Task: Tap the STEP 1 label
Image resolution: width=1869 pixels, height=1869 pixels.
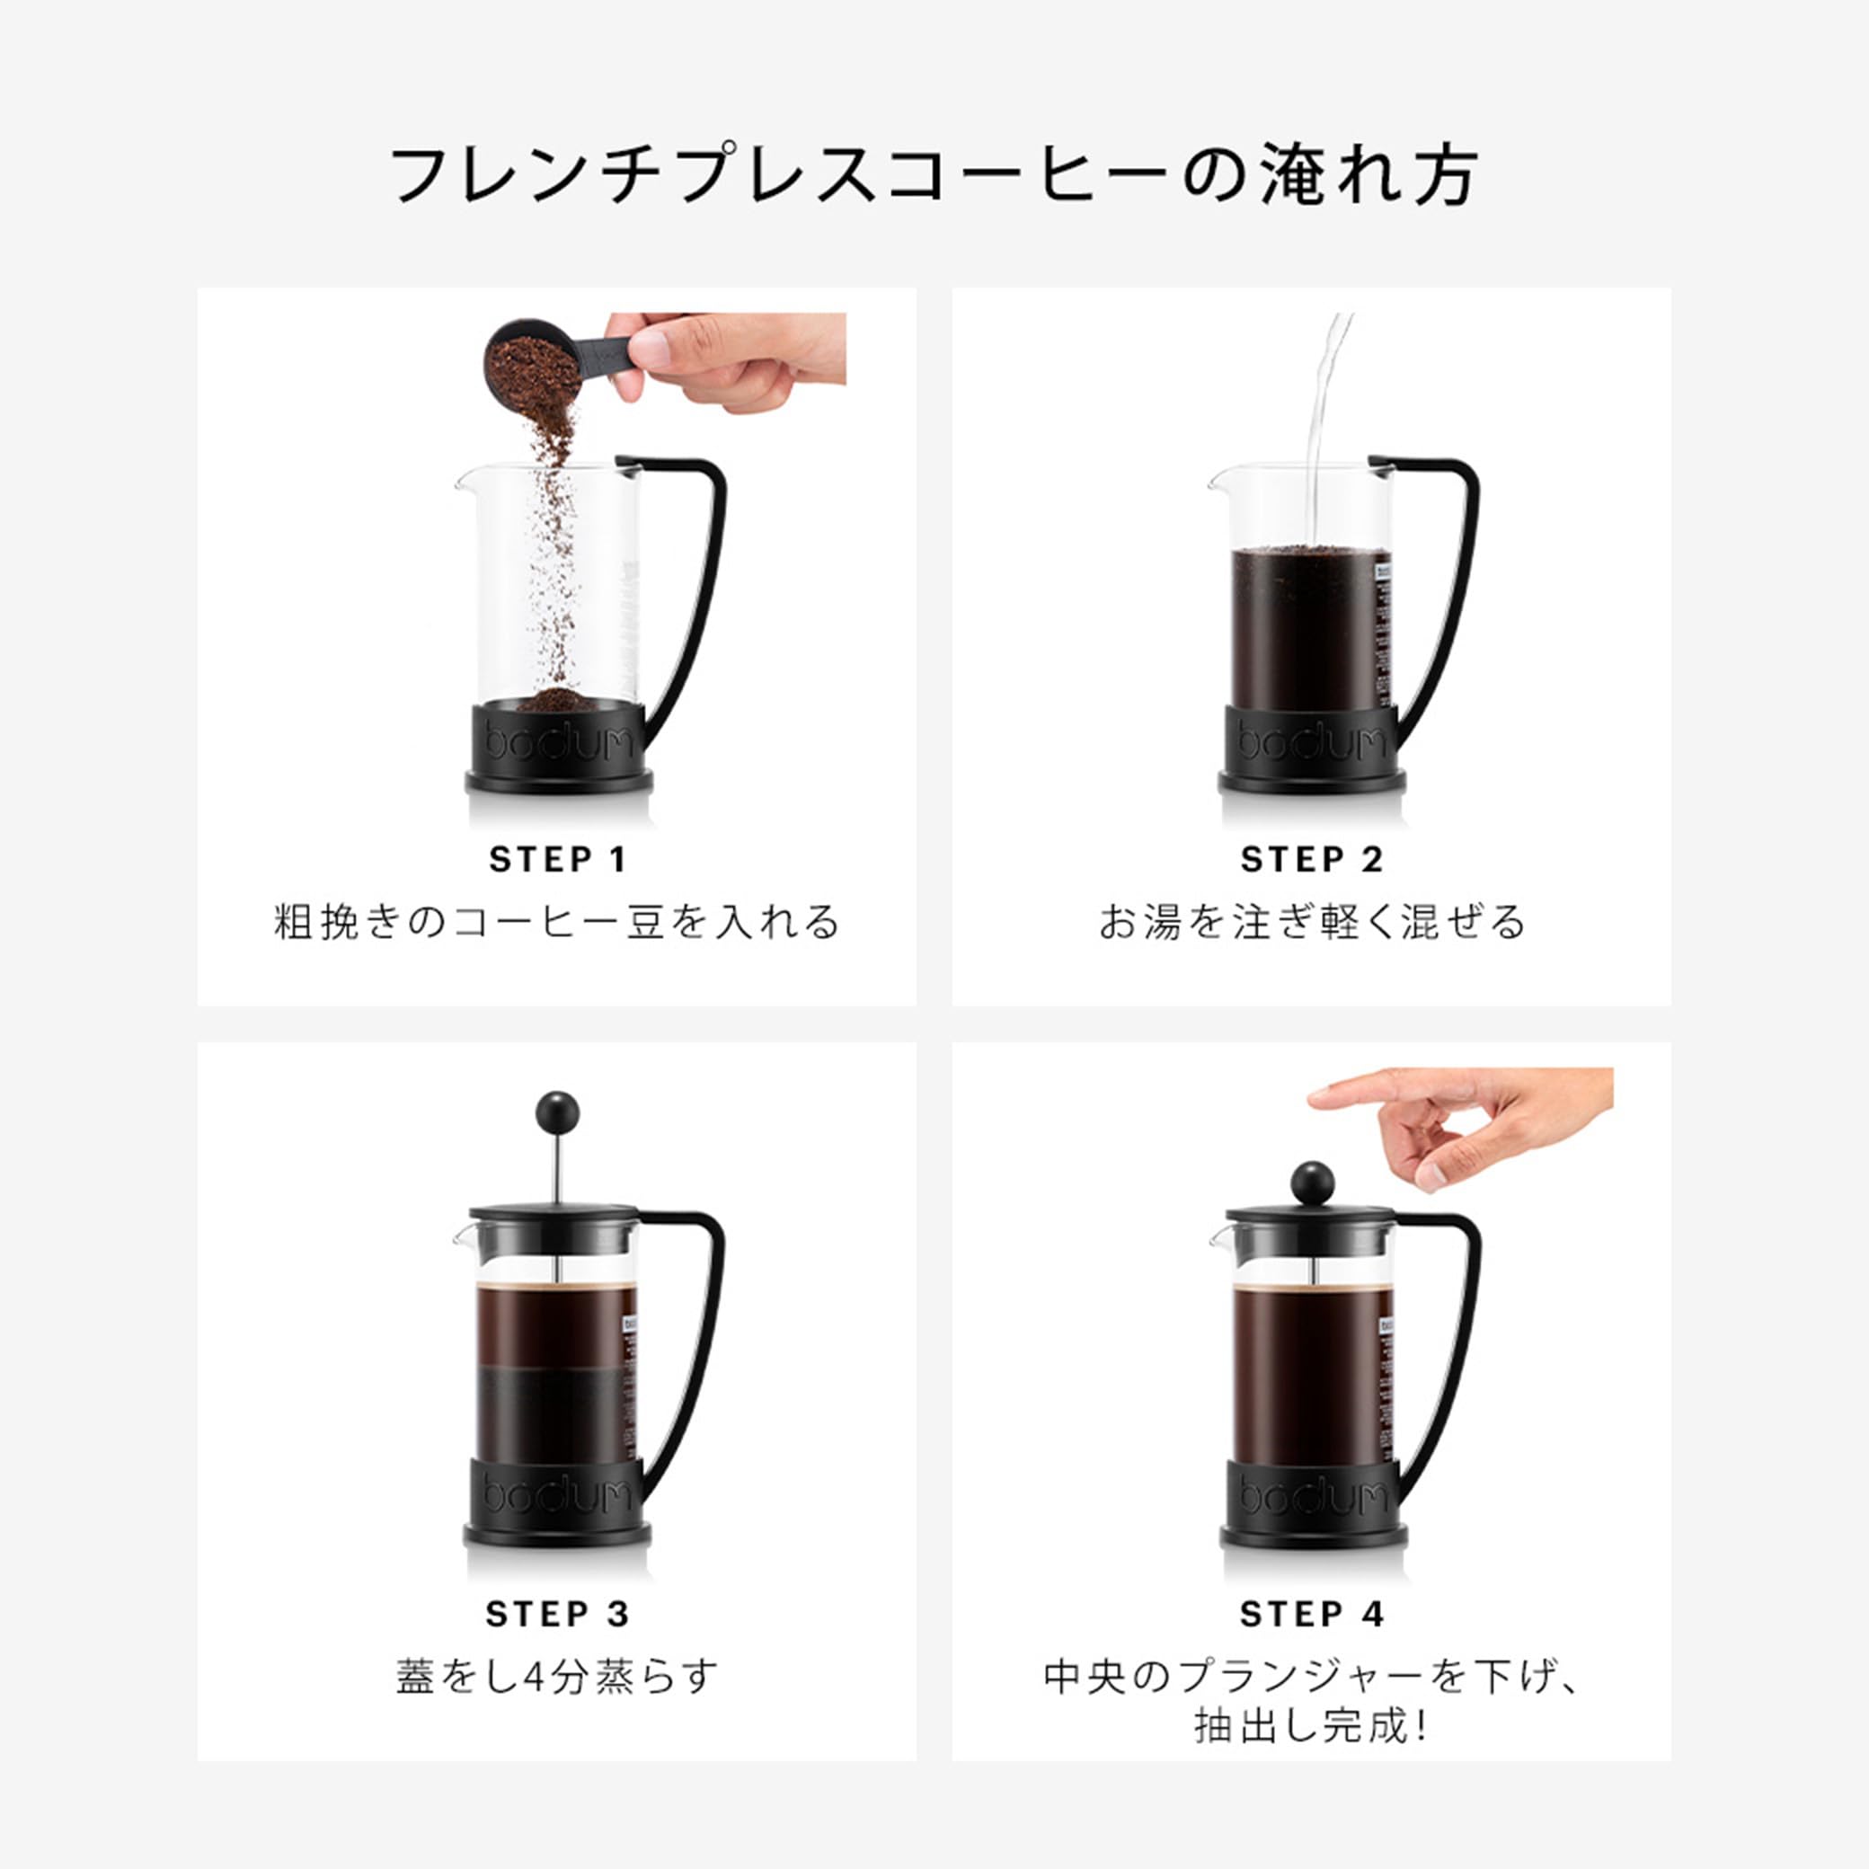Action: (557, 859)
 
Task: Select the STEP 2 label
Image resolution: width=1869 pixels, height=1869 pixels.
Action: (1311, 859)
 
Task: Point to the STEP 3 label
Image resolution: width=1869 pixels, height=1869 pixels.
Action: (557, 1614)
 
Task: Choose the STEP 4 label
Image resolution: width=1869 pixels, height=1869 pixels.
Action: (1311, 1614)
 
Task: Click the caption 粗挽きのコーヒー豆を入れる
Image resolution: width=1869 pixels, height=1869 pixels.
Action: (557, 921)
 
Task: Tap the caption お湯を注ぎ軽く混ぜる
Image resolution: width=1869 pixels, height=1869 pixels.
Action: (1312, 921)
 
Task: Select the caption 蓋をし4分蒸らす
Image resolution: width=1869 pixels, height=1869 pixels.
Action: (557, 1676)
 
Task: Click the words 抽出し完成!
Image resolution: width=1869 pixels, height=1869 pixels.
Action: (1311, 1726)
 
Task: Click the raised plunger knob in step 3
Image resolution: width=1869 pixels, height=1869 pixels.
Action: (557, 1112)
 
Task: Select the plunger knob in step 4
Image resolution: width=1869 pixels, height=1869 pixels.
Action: (1313, 1183)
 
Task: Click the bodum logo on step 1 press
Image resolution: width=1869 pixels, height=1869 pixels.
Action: (558, 741)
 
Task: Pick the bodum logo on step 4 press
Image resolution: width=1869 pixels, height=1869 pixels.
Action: (1313, 1495)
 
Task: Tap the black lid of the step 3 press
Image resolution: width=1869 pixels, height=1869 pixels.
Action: (554, 1221)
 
